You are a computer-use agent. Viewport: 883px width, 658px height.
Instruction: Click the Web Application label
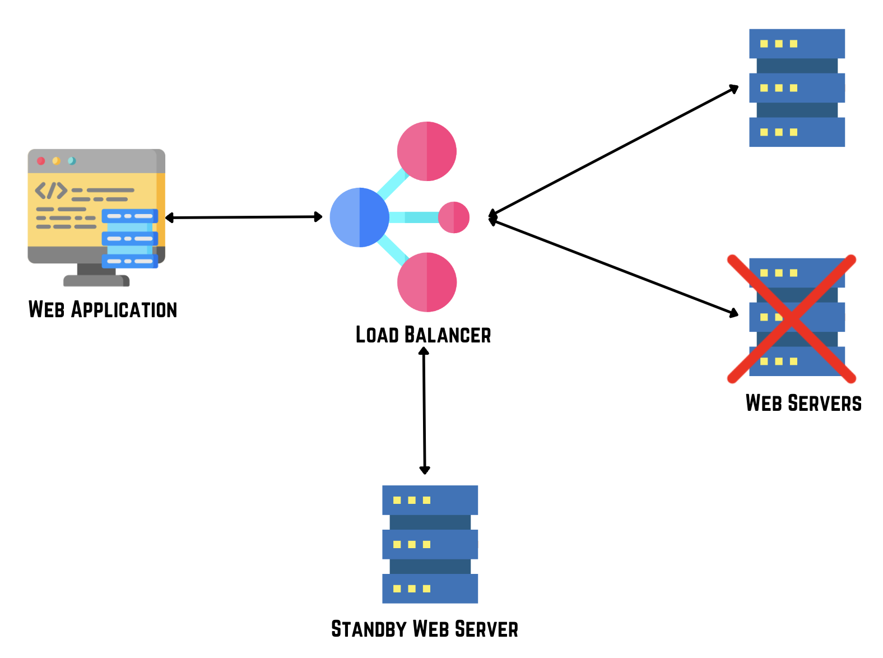103,309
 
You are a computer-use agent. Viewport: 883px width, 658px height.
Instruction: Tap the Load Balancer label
423,335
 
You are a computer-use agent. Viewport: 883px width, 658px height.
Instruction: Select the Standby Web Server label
424,629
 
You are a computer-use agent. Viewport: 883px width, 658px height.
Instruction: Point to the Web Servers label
803,403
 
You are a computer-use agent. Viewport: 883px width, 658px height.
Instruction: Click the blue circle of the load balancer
359,217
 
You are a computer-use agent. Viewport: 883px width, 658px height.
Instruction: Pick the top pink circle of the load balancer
427,151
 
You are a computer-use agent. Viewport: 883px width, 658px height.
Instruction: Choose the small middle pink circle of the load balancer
453,217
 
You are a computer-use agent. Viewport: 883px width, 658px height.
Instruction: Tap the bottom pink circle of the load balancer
427,282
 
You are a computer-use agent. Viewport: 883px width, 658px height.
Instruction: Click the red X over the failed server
791,319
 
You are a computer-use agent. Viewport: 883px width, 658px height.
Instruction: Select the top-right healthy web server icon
797,88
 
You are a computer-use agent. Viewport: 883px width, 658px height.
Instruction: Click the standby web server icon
430,544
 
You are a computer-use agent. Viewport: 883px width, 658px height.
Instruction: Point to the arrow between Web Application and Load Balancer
244,217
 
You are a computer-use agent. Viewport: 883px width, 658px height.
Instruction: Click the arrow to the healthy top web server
614,151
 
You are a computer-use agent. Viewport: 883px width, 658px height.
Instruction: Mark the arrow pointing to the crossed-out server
614,266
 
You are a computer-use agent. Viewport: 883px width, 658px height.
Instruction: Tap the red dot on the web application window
41,161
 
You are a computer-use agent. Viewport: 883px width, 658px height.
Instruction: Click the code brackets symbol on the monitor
51,191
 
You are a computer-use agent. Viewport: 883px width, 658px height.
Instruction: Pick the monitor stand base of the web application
96,280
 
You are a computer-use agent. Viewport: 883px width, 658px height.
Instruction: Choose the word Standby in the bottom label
368,629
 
